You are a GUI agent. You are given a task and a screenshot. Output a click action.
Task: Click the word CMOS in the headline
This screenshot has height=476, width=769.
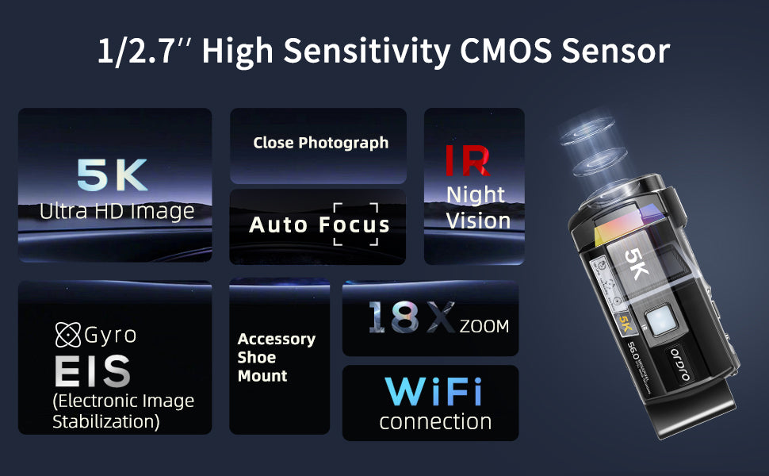[x=506, y=51]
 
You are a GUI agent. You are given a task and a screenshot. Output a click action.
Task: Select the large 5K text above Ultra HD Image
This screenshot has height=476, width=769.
[x=113, y=175]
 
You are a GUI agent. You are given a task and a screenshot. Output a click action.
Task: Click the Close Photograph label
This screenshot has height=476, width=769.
[x=321, y=143]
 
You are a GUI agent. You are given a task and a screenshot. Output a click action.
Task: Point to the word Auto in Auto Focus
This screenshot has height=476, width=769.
[x=278, y=225]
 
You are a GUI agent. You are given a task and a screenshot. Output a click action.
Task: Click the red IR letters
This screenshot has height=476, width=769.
[x=468, y=160]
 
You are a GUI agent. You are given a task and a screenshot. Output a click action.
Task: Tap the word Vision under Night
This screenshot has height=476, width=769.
[x=478, y=221]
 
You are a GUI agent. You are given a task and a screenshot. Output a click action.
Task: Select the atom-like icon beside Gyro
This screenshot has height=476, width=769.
[x=67, y=335]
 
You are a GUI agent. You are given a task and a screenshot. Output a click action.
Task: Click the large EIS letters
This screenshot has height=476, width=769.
[x=92, y=371]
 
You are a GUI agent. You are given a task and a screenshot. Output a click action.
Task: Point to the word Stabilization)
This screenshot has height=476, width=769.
[x=106, y=422]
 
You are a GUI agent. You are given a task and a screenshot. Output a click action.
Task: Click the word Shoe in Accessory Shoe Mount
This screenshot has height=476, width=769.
[x=257, y=357]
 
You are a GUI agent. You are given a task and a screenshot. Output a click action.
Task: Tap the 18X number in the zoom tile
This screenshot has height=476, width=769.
[x=411, y=317]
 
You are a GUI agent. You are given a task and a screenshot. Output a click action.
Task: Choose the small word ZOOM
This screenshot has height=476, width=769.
[x=484, y=326]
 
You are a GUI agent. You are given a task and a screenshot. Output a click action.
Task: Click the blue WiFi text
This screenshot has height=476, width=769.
[x=434, y=392]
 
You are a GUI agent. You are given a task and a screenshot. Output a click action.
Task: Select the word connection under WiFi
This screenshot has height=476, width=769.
[x=435, y=422]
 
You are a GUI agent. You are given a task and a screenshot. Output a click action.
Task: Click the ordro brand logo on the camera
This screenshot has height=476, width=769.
[x=681, y=365]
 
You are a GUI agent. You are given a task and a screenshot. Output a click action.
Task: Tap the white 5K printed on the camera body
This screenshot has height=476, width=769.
[x=637, y=263]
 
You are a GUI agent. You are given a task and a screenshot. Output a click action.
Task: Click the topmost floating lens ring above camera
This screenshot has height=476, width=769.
[x=587, y=129]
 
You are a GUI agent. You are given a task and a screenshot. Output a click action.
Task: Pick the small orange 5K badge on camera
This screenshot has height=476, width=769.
[x=625, y=324]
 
